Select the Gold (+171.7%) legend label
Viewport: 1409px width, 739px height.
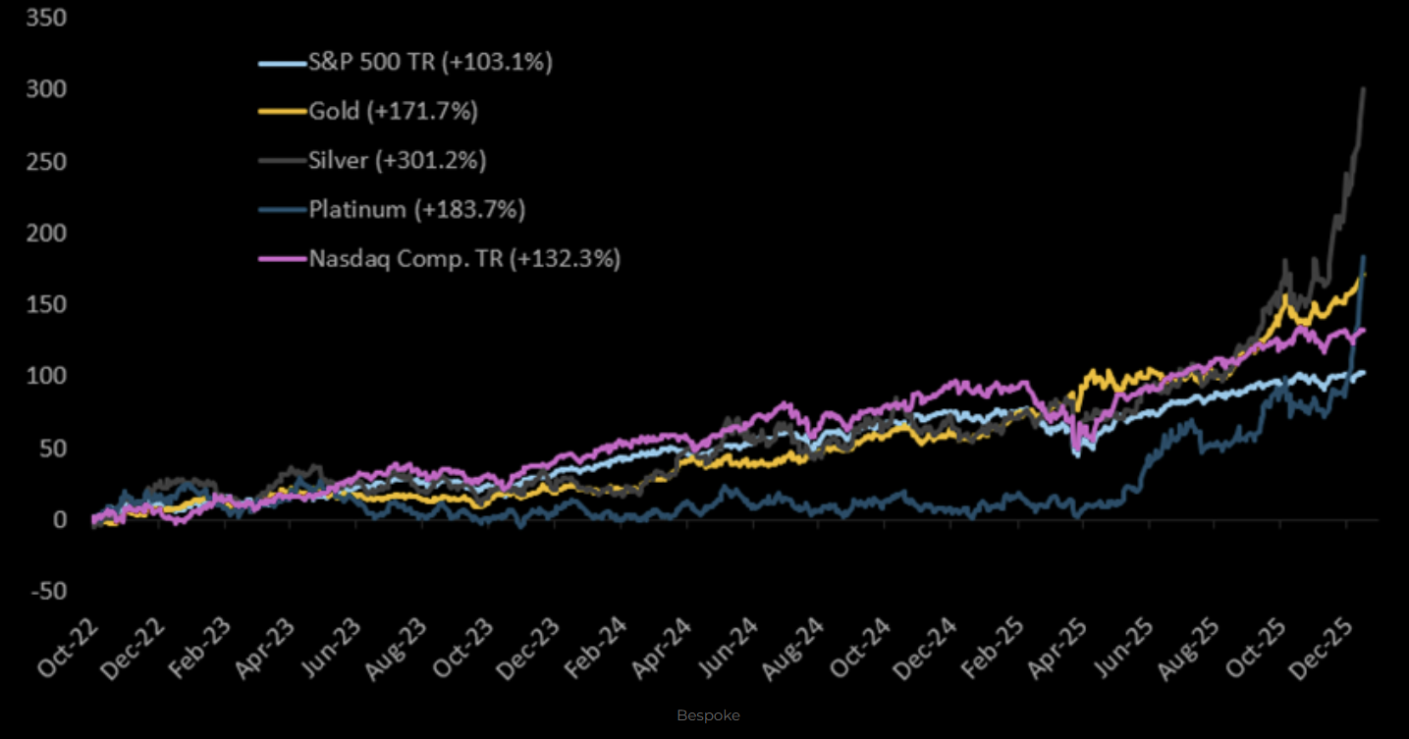point(393,112)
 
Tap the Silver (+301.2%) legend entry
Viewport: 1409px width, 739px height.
point(398,161)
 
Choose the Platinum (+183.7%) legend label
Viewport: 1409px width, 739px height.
point(417,209)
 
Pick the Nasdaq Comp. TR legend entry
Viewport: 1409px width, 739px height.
point(464,259)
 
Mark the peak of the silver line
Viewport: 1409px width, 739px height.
point(1363,88)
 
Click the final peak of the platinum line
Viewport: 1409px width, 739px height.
point(1363,256)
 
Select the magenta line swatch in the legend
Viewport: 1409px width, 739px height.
point(282,259)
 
